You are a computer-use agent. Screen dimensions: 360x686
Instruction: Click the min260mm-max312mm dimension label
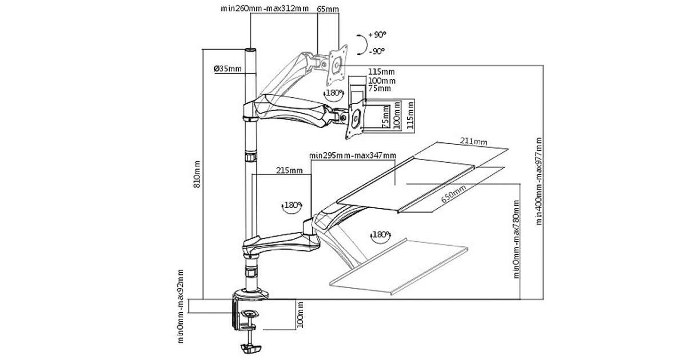coord(265,9)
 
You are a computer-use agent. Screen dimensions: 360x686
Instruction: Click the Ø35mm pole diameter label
coord(228,69)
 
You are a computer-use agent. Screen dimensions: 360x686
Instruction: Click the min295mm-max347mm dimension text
coord(352,155)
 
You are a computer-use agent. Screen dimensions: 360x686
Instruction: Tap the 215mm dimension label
coord(289,170)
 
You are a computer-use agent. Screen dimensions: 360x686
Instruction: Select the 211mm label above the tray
coord(474,141)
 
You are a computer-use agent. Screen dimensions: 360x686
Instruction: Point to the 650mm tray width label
coord(453,196)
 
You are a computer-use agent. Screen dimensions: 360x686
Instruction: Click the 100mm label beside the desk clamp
coord(301,314)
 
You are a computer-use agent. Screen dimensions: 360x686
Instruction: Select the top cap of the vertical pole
coord(251,51)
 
